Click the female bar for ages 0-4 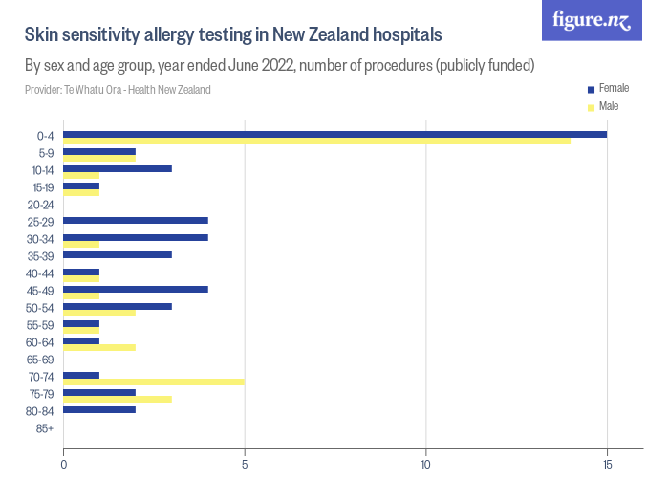pyautogui.click(x=334, y=134)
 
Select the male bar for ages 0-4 pyautogui.click(x=316, y=141)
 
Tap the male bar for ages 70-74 pyautogui.click(x=154, y=382)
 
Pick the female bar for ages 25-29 pyautogui.click(x=136, y=220)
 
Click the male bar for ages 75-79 pyautogui.click(x=118, y=399)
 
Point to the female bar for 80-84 pyautogui.click(x=99, y=409)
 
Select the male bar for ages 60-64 pyautogui.click(x=99, y=347)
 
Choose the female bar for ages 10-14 pyautogui.click(x=118, y=168)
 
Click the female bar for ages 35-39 pyautogui.click(x=118, y=254)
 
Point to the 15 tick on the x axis pyautogui.click(x=607, y=465)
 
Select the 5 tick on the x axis pyautogui.click(x=245, y=465)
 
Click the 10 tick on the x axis pyautogui.click(x=426, y=465)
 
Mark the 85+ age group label pyautogui.click(x=44, y=428)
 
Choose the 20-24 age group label pyautogui.click(x=40, y=205)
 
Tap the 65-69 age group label pyautogui.click(x=40, y=360)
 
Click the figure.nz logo pyautogui.click(x=592, y=20)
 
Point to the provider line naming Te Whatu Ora pyautogui.click(x=118, y=90)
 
